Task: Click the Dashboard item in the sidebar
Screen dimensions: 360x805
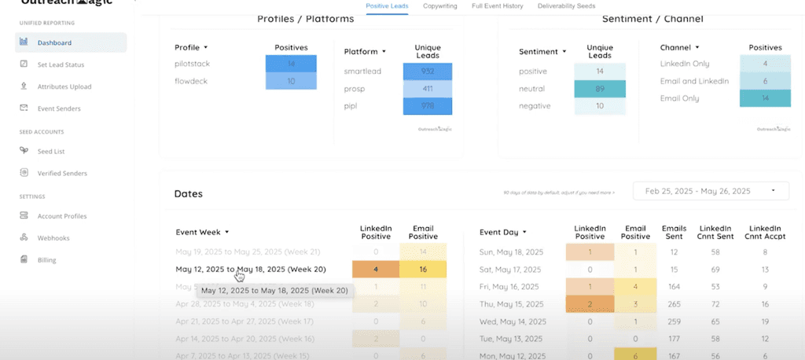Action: point(55,42)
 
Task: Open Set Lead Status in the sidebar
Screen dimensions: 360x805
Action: point(61,64)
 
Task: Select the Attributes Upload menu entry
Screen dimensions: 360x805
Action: point(64,86)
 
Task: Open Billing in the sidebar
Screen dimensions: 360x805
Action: point(46,259)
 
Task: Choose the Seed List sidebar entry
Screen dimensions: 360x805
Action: point(51,151)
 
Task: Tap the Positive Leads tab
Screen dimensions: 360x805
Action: point(388,6)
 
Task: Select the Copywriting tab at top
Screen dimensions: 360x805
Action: point(440,6)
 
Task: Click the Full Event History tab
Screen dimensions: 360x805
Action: point(498,6)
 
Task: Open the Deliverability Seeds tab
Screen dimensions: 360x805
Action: point(566,6)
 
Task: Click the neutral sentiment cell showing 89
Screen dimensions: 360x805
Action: point(599,89)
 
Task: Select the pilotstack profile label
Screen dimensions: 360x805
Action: point(193,64)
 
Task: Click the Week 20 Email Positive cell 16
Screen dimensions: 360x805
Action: point(423,269)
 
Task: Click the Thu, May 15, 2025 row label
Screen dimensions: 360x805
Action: point(511,303)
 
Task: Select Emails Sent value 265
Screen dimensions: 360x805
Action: point(674,303)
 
